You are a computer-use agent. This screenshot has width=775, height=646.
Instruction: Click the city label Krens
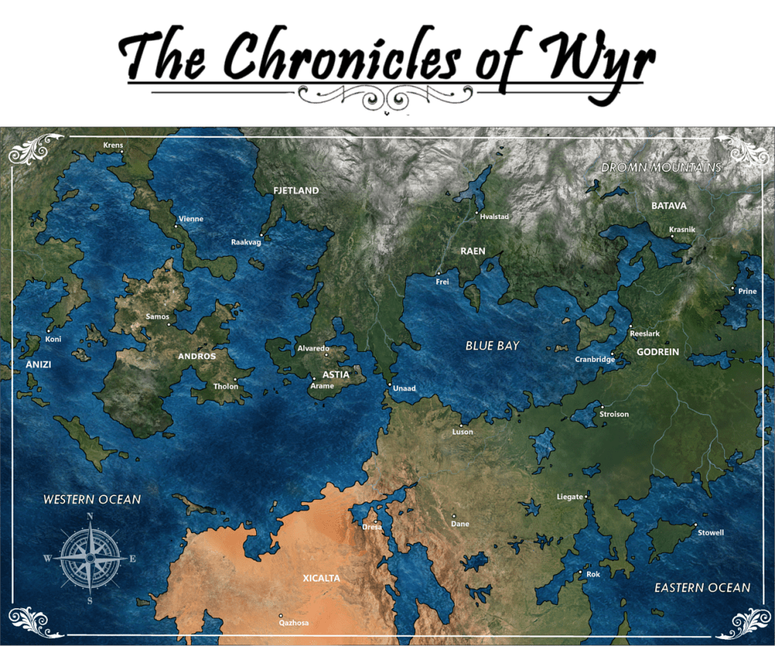coord(113,144)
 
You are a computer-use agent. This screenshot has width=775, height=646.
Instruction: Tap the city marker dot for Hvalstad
coord(477,213)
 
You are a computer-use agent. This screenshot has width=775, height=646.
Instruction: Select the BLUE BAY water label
coord(492,345)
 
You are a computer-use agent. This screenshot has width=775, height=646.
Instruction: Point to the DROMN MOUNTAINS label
coord(661,167)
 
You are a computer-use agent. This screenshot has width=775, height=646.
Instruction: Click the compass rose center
coord(90,558)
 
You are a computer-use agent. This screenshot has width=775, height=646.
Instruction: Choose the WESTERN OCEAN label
coord(92,499)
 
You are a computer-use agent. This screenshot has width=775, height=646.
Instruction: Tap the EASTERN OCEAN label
coord(702,588)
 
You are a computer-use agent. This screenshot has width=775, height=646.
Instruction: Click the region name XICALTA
coord(321,578)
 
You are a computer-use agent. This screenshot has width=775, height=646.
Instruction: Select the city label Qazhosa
coord(294,623)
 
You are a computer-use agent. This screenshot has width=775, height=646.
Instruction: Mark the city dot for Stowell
coord(695,524)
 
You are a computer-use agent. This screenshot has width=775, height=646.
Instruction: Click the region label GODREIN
coord(658,352)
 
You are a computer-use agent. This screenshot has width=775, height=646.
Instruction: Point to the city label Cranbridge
coord(595,360)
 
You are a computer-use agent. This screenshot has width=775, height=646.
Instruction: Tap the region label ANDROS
coord(196,356)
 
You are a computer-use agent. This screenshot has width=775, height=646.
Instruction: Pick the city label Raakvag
coord(245,242)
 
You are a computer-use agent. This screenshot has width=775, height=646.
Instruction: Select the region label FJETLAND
coord(296,191)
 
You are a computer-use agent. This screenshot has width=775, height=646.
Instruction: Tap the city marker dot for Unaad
coord(390,385)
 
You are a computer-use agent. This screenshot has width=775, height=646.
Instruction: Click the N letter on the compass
coord(89,516)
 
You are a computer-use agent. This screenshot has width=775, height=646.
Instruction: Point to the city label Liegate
coord(570,497)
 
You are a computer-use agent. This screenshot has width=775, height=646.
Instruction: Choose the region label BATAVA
coord(669,205)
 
